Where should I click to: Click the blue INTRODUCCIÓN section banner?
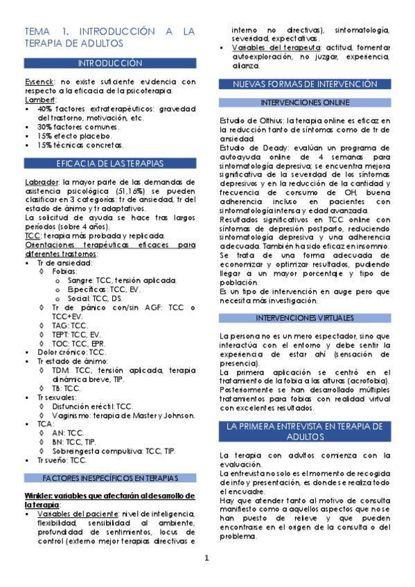point(110,63)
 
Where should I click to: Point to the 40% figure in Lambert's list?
point(44,109)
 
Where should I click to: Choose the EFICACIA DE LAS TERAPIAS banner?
point(110,163)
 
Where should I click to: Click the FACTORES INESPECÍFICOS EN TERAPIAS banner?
point(110,478)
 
